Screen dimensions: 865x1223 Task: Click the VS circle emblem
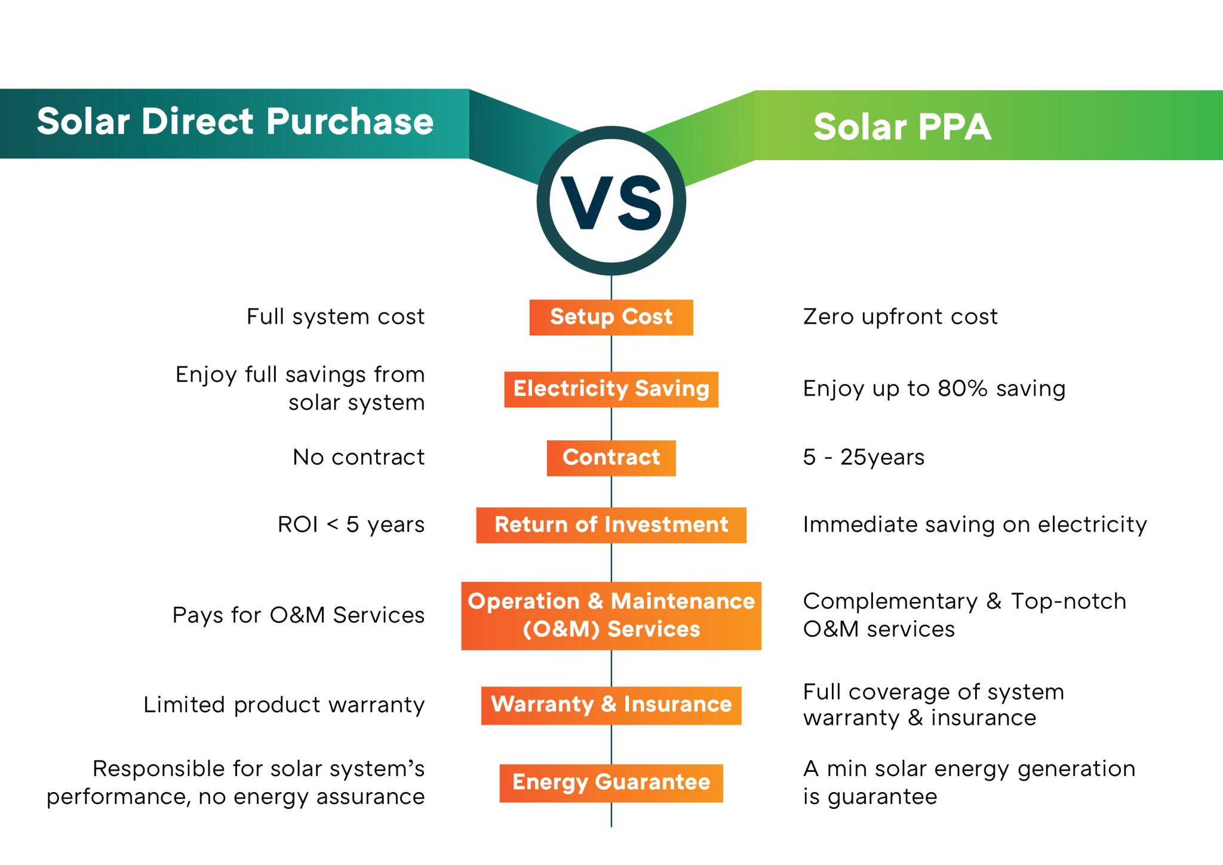point(611,201)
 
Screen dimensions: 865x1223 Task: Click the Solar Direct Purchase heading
point(235,122)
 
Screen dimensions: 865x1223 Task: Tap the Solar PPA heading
point(902,127)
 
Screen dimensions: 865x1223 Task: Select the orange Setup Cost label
point(611,317)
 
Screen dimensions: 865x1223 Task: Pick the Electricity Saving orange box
point(611,389)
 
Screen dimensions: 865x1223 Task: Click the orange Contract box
point(611,458)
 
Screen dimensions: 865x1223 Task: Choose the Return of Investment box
point(611,525)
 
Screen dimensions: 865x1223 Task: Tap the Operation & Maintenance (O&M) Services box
point(611,615)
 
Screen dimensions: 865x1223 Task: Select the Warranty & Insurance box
point(611,705)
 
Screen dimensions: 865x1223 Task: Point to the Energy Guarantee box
point(611,783)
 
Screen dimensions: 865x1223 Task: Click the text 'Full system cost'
point(335,317)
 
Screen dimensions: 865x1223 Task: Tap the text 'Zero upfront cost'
point(900,317)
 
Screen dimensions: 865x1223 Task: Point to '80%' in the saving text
point(962,389)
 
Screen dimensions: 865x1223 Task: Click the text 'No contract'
point(358,458)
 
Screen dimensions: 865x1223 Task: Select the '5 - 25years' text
point(864,458)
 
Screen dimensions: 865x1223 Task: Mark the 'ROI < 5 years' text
point(351,524)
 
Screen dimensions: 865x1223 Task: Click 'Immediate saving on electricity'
point(975,524)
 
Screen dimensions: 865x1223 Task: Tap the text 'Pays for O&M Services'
point(298,615)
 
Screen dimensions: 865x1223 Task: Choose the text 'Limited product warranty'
point(284,705)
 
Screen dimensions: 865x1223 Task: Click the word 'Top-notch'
point(1068,601)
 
